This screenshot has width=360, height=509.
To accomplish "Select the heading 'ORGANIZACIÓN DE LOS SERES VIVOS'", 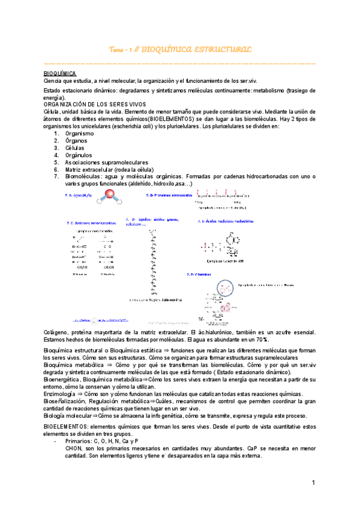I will [x=91, y=104].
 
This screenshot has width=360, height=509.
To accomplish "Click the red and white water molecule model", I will [x=110, y=194].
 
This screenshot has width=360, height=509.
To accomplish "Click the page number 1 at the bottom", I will [x=313, y=483].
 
